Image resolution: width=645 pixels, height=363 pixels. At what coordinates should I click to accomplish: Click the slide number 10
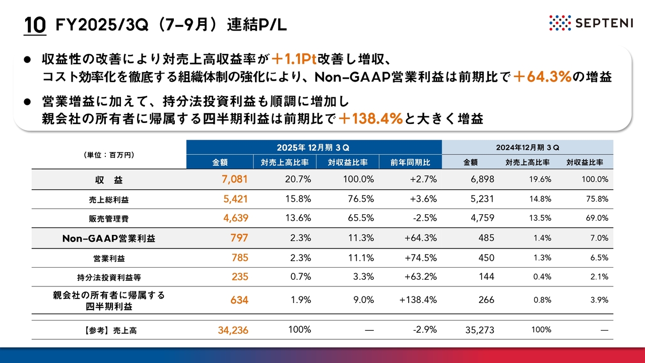[36, 25]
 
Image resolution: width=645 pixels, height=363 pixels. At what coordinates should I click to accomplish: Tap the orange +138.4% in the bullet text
[370, 118]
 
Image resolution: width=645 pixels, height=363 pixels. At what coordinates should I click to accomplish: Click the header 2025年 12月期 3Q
[313, 147]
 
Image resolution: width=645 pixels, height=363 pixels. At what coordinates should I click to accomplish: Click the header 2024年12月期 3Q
[527, 147]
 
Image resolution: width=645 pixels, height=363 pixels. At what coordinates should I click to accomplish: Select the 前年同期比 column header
[410, 162]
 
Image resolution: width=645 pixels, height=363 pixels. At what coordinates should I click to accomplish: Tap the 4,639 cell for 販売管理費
[235, 218]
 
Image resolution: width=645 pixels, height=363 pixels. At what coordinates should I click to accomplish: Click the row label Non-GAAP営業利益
[109, 238]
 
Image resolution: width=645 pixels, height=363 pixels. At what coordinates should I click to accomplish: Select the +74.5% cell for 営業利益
[420, 258]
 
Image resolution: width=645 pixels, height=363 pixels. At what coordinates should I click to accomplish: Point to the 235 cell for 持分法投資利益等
[240, 277]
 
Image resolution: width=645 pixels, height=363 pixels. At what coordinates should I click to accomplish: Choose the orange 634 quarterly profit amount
[239, 300]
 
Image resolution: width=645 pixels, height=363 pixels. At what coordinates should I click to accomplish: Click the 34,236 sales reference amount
[232, 330]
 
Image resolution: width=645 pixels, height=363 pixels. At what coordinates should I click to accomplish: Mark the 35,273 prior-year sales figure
[479, 330]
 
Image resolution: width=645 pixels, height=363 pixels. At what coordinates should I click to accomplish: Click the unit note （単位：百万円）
[109, 155]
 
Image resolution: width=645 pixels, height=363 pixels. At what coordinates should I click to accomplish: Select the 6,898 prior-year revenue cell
[482, 179]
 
